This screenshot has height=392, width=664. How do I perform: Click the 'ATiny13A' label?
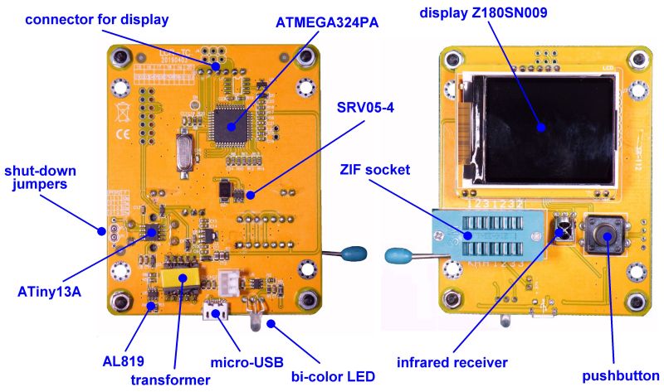click(49, 291)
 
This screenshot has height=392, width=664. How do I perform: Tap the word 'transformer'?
click(171, 380)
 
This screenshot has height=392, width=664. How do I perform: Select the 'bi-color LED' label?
click(333, 378)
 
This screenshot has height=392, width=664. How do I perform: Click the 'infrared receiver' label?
click(452, 361)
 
